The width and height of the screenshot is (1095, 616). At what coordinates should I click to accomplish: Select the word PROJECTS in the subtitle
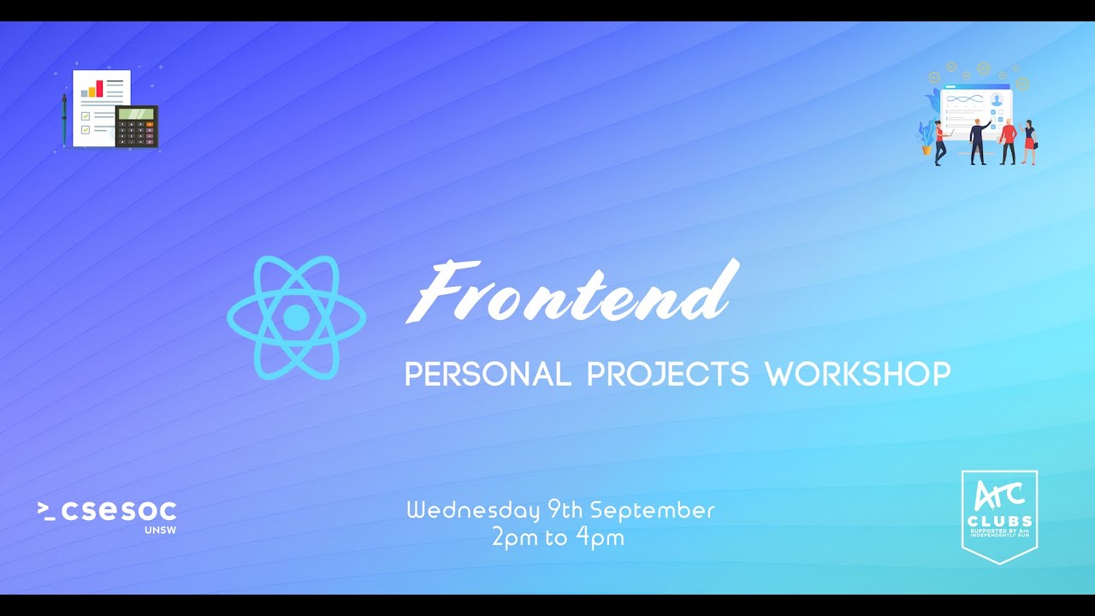pos(667,374)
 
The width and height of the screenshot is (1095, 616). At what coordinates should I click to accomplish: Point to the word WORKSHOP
pos(857,374)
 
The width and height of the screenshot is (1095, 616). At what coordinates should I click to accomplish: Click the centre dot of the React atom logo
pos(296,317)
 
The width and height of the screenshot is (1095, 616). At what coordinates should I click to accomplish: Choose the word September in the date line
pos(652,511)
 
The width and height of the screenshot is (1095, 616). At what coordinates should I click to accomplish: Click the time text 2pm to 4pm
pos(558,538)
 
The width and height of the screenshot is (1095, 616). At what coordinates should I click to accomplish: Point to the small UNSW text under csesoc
pos(160,530)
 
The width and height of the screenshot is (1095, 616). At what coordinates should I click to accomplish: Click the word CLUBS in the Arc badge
pos(999,521)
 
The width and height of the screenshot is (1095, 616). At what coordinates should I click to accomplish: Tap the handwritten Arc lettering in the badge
pos(999,495)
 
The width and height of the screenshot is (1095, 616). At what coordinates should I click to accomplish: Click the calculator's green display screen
pos(135,114)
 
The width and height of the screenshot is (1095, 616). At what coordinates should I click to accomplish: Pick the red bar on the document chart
pos(99,87)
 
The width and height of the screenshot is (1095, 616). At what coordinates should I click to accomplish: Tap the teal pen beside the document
pos(63,120)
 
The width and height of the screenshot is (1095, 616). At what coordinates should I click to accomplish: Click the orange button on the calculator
pos(151,124)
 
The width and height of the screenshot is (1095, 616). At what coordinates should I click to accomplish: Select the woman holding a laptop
pos(940,142)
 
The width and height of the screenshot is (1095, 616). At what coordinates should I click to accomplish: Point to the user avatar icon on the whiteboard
pos(996,100)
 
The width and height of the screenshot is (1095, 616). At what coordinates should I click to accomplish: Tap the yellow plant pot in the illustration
pos(926,150)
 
